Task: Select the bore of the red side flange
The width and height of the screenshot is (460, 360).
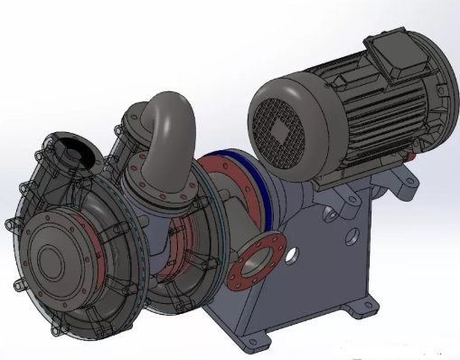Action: pyautogui.click(x=257, y=265)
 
